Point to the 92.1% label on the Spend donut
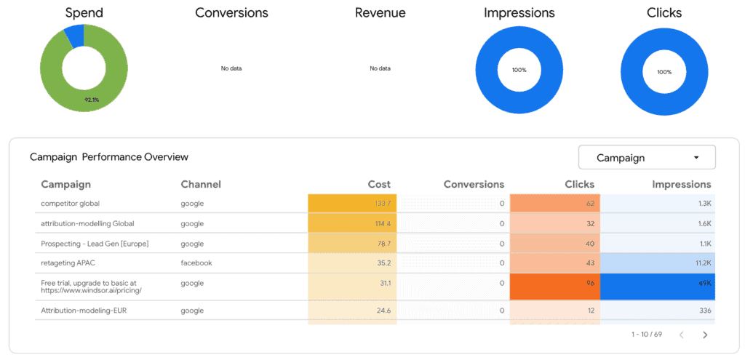pyautogui.click(x=92, y=100)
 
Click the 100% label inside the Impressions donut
pyautogui.click(x=519, y=71)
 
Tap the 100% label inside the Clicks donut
pyautogui.click(x=664, y=72)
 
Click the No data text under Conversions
pyautogui.click(x=231, y=68)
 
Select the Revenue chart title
pyautogui.click(x=380, y=13)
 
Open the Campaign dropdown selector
pyautogui.click(x=646, y=157)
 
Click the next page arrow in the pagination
pyautogui.click(x=704, y=335)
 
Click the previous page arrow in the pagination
pyautogui.click(x=681, y=335)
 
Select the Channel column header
pyautogui.click(x=201, y=184)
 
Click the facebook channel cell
pyautogui.click(x=196, y=263)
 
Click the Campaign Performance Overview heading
pyautogui.click(x=108, y=157)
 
